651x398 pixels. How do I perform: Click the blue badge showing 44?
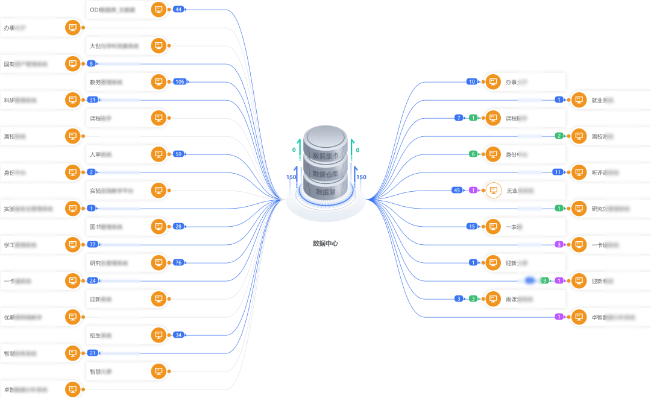[x=178, y=10]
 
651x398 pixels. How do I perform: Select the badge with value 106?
[x=180, y=82]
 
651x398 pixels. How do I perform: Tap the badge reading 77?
[x=92, y=245]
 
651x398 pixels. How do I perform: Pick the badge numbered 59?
[x=178, y=154]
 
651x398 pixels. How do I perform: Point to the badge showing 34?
[x=178, y=335]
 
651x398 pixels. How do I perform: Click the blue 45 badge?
[x=458, y=191]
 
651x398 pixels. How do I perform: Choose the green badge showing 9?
[x=545, y=281]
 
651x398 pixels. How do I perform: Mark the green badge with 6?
[x=474, y=154]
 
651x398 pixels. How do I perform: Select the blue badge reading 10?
[x=472, y=82]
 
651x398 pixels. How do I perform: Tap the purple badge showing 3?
[x=559, y=245]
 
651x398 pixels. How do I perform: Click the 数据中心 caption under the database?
[x=325, y=244]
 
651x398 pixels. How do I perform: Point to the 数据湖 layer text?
[x=325, y=192]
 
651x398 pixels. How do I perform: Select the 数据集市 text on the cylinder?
[x=325, y=156]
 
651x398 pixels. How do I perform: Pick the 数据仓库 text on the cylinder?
[x=325, y=174]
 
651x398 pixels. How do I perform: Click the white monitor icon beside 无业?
[x=494, y=191]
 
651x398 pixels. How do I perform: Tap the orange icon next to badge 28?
[x=159, y=227]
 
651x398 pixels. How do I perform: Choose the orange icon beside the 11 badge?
[x=579, y=172]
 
